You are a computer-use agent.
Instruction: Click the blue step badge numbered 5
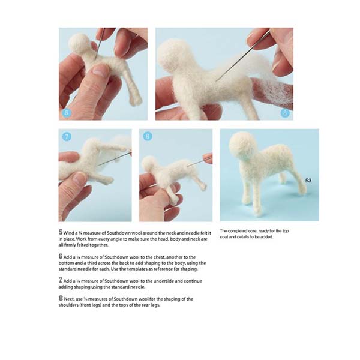coord(67,112)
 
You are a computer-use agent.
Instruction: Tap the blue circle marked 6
coord(285,112)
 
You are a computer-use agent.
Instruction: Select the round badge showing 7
coord(67,137)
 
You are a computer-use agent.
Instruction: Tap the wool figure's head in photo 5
coord(79,44)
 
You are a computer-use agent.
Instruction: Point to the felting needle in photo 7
coord(114,158)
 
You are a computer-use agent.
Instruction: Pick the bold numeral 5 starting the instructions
coord(61,232)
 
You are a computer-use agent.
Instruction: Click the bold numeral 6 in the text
coord(61,256)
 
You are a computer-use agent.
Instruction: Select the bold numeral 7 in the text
coord(61,280)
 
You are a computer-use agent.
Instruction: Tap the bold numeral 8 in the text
coord(61,298)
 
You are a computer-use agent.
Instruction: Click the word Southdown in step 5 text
coord(113,232)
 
